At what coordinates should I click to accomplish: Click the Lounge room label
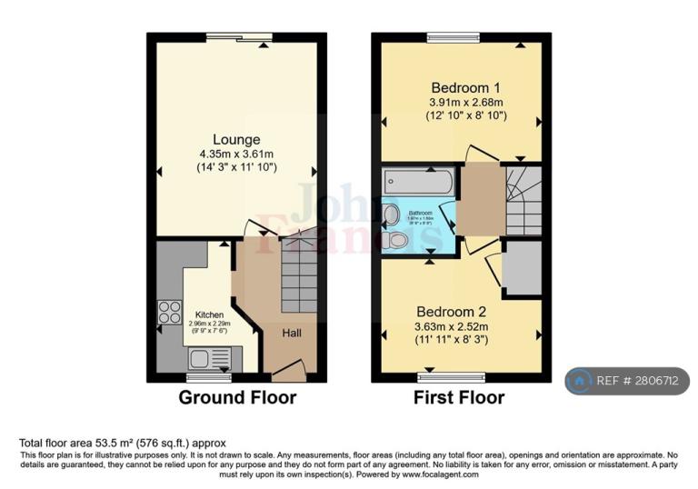pos(236,140)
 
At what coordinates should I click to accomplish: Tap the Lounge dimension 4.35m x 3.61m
pos(236,154)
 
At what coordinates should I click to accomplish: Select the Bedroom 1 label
pos(465,87)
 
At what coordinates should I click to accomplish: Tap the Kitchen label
pos(209,315)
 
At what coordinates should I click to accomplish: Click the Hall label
pos(291,334)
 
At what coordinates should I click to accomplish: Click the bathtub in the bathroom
pos(418,181)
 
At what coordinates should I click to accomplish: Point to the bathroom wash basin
pos(391,214)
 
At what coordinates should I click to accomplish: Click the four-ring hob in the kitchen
pos(169,312)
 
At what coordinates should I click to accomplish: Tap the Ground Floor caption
pos(236,397)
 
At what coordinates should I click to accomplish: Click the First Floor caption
pos(458,397)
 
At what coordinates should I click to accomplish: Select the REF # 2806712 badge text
pos(639,382)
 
